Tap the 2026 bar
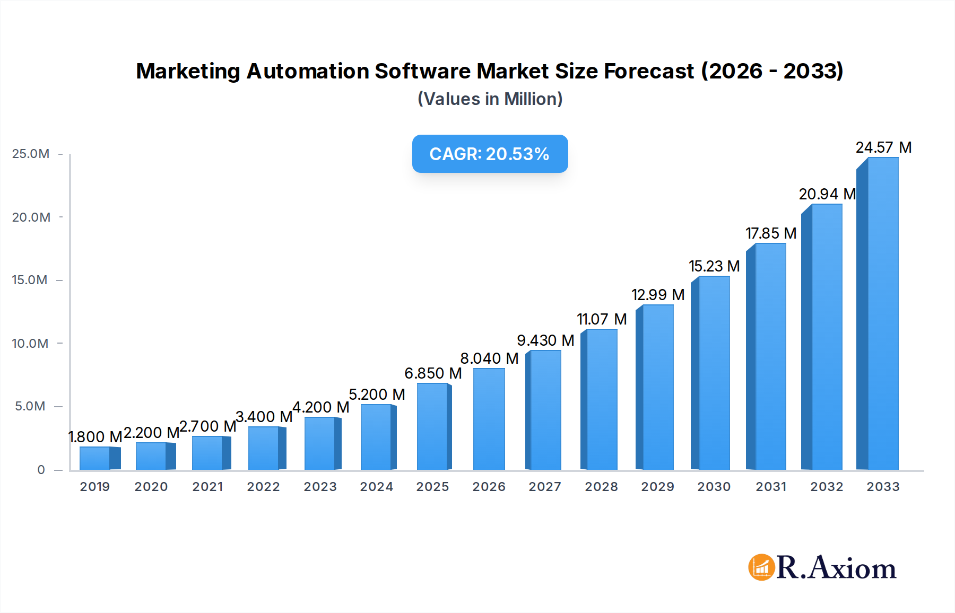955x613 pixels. [x=489, y=419]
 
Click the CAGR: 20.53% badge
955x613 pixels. [x=490, y=154]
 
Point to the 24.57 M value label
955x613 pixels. [x=883, y=147]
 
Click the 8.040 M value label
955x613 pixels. [x=489, y=358]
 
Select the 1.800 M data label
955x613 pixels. [x=95, y=437]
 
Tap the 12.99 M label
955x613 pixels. [x=657, y=295]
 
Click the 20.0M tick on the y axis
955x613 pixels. [x=31, y=217]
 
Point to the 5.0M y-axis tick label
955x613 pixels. [x=30, y=406]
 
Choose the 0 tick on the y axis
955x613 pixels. [x=41, y=470]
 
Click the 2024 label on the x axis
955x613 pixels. [x=376, y=487]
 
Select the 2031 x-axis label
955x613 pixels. [x=770, y=487]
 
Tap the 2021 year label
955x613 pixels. [x=207, y=487]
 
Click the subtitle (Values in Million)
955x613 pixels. [x=490, y=99]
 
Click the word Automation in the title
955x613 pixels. [x=308, y=71]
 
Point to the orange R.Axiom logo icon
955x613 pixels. [x=761, y=567]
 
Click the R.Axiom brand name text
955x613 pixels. [x=836, y=568]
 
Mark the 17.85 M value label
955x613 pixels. [x=770, y=233]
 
